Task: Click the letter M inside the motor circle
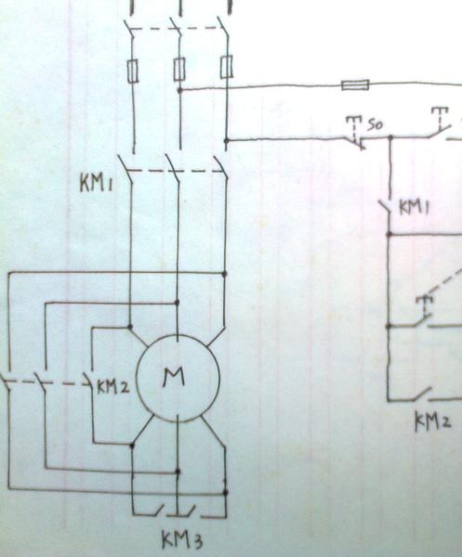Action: [x=174, y=377]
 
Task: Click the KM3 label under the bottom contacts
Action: [x=182, y=540]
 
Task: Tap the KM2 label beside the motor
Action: [x=113, y=387]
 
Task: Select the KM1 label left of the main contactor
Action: [x=96, y=184]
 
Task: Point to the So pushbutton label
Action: [x=375, y=125]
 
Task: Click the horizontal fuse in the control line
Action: [x=355, y=85]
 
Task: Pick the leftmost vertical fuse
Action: [x=133, y=71]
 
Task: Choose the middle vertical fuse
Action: [x=179, y=68]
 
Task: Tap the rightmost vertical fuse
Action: [x=226, y=67]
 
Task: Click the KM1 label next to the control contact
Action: [x=414, y=208]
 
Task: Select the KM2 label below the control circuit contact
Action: [x=433, y=421]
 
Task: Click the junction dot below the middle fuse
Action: [x=180, y=90]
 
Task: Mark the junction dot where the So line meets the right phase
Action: [x=226, y=141]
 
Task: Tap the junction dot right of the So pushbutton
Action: [x=390, y=136]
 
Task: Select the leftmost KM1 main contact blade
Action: [x=125, y=168]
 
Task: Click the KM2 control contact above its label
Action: [x=422, y=395]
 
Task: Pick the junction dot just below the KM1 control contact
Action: [x=389, y=234]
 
